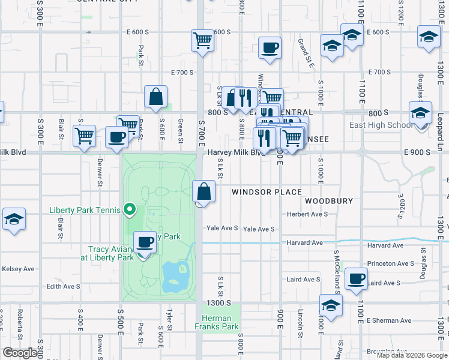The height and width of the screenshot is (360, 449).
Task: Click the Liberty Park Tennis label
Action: click(84, 210)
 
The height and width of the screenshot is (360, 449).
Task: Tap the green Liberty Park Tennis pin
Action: click(129, 210)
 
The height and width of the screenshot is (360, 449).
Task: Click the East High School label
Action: click(381, 125)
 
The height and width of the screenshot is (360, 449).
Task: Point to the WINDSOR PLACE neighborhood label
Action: click(267, 192)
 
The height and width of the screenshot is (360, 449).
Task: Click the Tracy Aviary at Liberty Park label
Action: click(111, 253)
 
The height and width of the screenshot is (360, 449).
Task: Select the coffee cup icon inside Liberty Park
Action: click(144, 242)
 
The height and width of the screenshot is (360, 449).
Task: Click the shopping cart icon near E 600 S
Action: click(203, 41)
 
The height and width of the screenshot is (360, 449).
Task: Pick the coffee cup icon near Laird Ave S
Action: click(357, 278)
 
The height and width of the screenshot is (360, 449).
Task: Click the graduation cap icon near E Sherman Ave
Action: click(330, 305)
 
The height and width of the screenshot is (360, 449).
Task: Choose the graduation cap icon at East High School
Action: click(420, 112)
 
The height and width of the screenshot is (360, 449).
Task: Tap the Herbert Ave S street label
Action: click(307, 214)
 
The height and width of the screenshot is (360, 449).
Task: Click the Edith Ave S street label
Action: click(63, 286)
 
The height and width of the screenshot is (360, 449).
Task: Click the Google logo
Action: click(20, 353)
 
